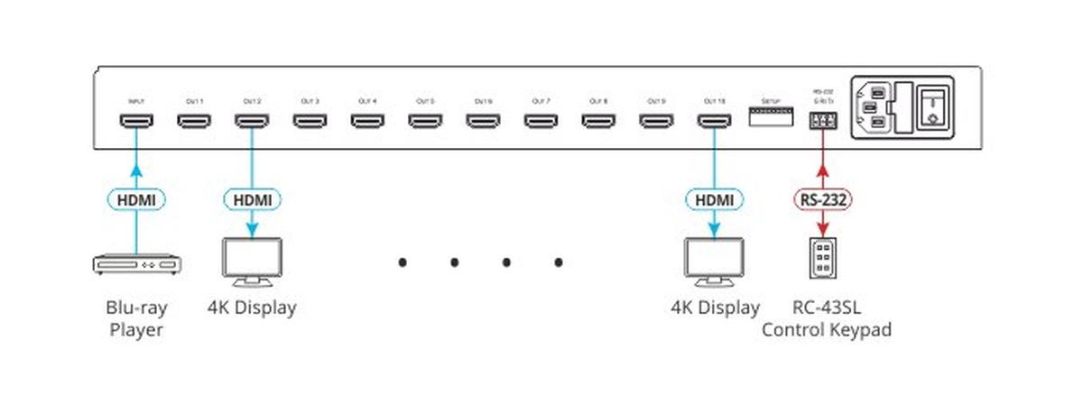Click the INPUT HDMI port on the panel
(135, 120)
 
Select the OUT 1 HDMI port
(193, 120)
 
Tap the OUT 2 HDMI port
(251, 120)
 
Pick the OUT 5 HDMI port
(424, 120)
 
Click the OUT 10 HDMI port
(713, 120)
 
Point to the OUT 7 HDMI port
(540, 120)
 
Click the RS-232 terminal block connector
(821, 121)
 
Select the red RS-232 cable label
(822, 198)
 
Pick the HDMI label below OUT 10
(713, 198)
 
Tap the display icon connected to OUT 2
(252, 261)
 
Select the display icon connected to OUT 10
(714, 261)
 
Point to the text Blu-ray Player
(135, 318)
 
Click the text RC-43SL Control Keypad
(827, 318)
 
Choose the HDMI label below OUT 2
(252, 198)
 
